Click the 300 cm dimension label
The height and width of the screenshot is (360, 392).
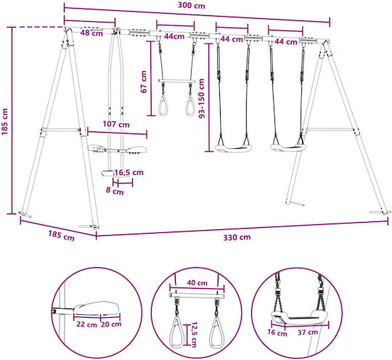[191, 5]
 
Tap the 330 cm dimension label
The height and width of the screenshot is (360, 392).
[237, 237]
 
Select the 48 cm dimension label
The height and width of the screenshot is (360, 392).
[91, 33]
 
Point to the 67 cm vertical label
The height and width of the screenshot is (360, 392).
[144, 82]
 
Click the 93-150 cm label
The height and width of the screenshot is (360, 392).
[201, 98]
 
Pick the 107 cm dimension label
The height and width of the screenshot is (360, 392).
[116, 124]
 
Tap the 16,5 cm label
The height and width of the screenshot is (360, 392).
[129, 172]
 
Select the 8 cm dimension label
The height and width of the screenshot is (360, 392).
[115, 191]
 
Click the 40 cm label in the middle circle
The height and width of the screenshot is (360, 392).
[197, 283]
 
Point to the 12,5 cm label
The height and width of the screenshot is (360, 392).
[194, 335]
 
